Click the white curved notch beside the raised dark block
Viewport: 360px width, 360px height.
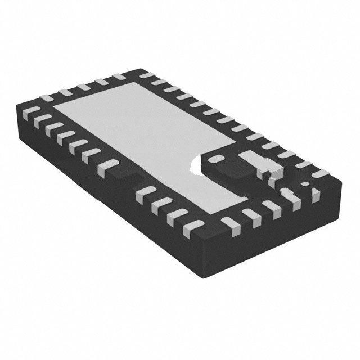[198, 164]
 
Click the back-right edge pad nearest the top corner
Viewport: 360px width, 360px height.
[147, 75]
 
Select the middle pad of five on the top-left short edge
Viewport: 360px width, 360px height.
[83, 87]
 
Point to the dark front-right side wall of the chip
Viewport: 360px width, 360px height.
[281, 231]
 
